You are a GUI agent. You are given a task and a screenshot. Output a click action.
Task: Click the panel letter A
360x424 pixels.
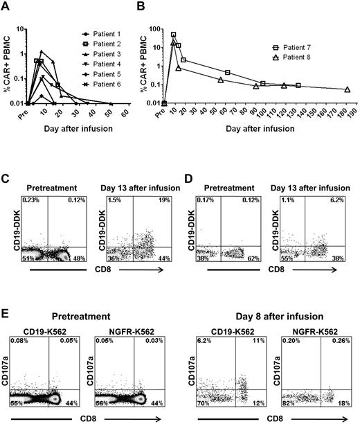[6, 7]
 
